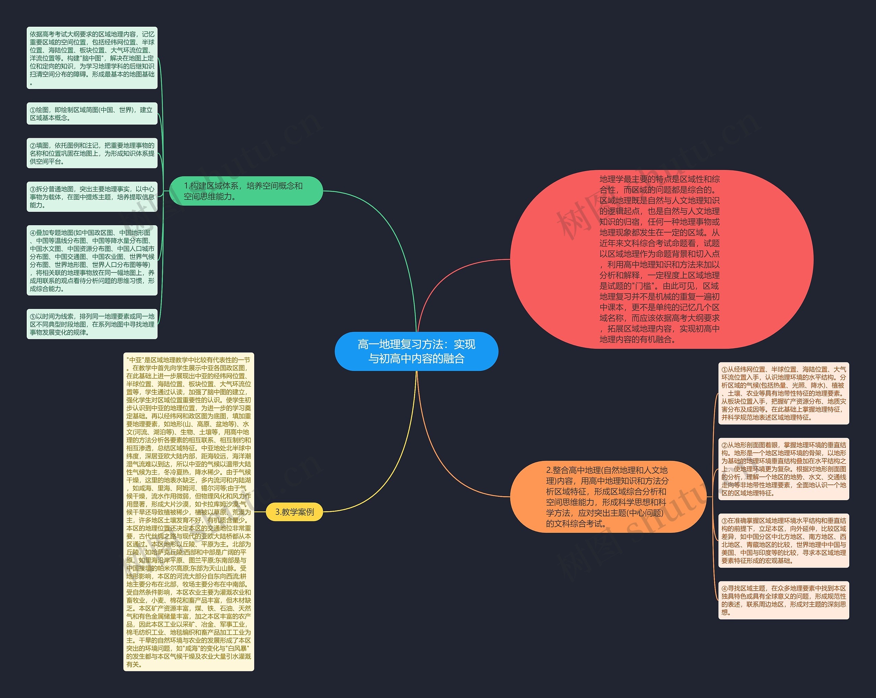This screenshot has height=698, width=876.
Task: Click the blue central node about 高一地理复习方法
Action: click(416, 351)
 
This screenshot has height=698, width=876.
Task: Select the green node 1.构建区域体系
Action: click(245, 191)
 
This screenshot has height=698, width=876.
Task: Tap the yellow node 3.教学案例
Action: click(295, 512)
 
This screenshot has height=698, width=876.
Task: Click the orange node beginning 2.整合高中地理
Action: click(608, 496)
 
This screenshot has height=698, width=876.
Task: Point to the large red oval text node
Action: click(661, 259)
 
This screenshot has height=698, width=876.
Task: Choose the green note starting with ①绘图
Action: click(92, 114)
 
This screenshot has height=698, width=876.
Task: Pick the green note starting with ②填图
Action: click(92, 153)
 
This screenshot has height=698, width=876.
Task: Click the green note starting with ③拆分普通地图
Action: click(92, 197)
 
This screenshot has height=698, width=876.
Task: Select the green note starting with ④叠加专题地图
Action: click(92, 260)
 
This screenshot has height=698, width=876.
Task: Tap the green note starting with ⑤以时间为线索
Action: click(92, 324)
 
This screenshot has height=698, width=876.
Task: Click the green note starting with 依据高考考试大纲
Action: click(92, 58)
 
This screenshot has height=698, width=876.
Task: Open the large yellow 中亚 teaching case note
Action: click(189, 512)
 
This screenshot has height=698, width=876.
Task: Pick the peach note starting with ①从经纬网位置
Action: click(783, 393)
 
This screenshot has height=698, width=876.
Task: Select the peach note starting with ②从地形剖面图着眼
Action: click(783, 469)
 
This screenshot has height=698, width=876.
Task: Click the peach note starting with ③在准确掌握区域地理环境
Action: click(783, 540)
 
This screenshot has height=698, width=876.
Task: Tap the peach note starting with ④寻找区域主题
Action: click(783, 600)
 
